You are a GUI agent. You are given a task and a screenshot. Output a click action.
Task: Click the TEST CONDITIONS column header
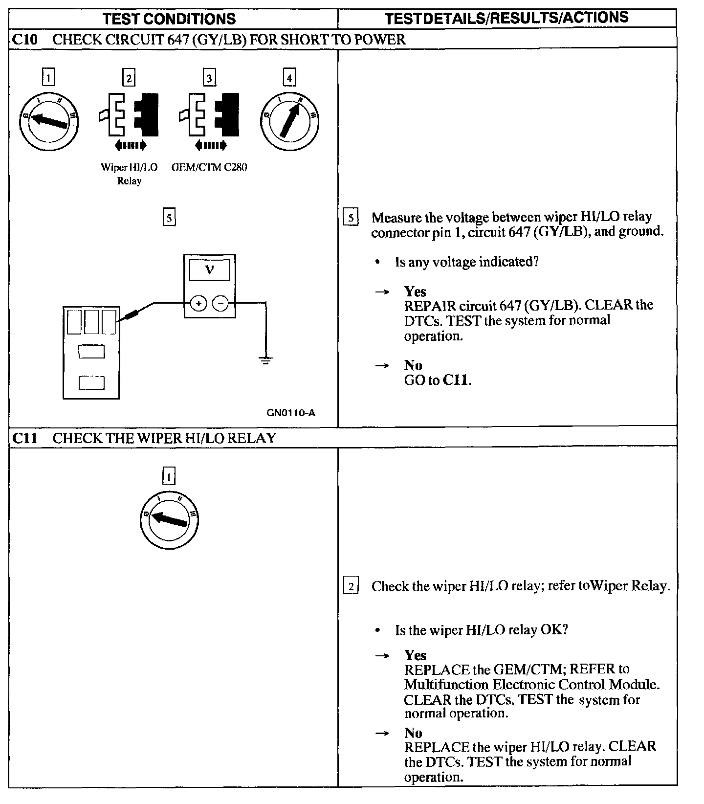170,19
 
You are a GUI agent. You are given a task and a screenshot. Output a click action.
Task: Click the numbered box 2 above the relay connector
129,78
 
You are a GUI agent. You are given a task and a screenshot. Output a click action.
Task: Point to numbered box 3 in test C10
209,78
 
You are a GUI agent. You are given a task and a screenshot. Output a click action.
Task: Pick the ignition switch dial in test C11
169,519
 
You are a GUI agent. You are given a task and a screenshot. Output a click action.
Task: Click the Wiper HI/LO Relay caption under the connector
129,174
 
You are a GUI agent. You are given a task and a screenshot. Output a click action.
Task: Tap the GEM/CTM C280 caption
209,167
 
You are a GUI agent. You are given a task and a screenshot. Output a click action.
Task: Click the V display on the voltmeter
209,269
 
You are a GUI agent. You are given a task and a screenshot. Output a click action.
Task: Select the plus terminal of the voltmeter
199,304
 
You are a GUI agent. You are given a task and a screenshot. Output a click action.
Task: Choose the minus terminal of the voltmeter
220,304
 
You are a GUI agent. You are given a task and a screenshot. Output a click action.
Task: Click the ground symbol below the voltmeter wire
265,361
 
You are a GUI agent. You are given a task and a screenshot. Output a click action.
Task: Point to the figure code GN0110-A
291,413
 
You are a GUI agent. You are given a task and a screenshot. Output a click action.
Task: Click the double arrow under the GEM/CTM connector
210,145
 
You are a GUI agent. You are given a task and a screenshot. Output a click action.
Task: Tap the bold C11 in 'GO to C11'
456,380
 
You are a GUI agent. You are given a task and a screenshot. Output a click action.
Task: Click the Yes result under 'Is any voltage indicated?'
415,291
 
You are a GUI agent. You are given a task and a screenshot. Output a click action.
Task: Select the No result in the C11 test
413,733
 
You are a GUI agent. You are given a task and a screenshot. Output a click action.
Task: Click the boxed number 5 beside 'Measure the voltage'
351,217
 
